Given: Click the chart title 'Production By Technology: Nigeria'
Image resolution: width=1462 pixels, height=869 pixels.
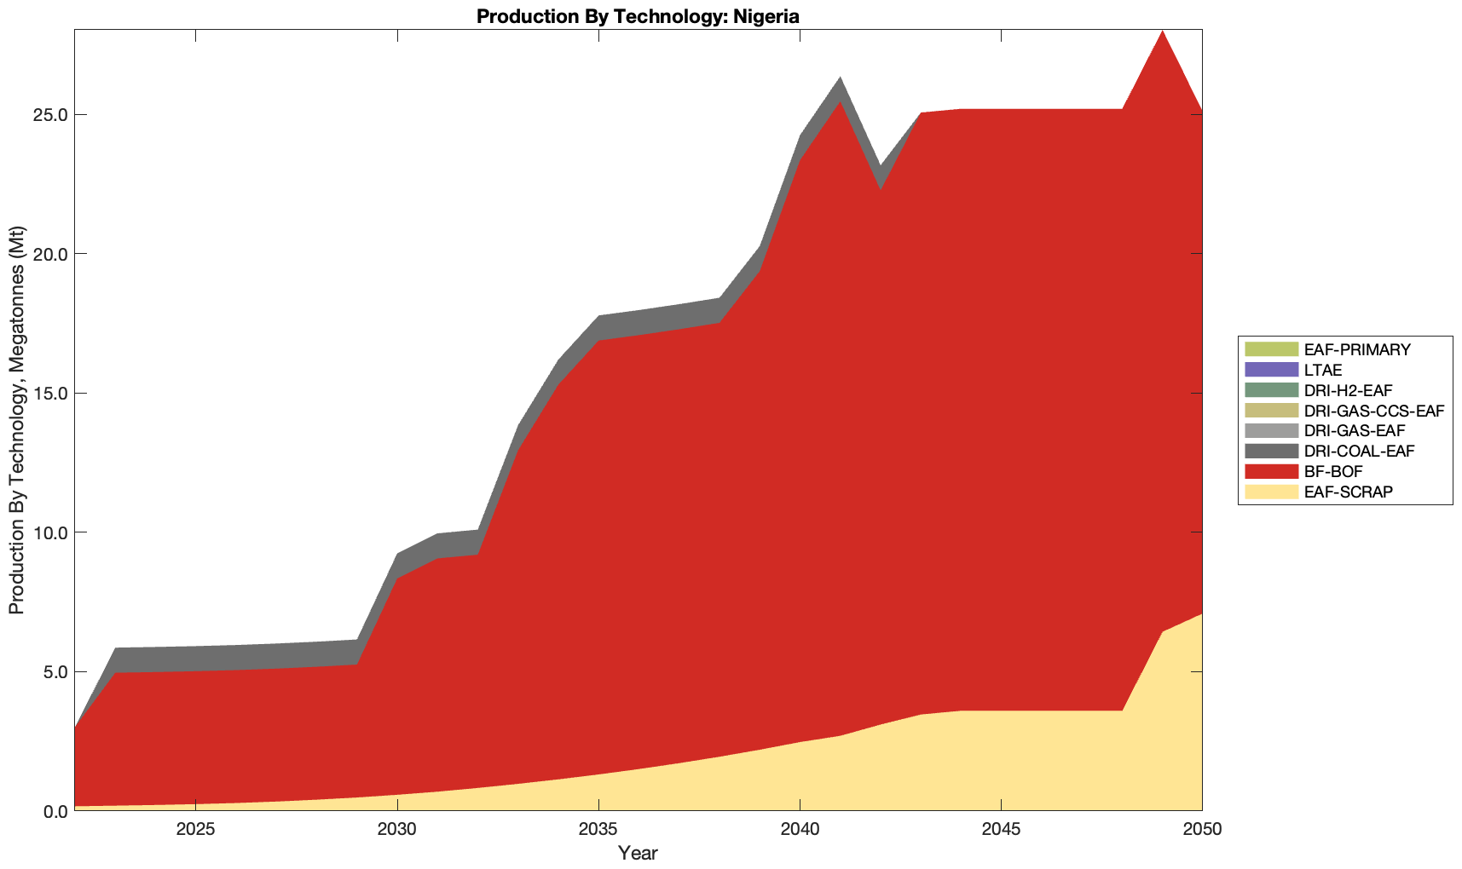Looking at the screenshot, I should (638, 16).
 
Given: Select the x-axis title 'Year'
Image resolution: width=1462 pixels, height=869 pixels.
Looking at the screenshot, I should (638, 853).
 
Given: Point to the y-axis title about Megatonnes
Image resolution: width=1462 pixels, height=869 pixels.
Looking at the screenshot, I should (16, 420).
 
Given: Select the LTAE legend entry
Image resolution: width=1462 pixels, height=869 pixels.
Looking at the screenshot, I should (1323, 370).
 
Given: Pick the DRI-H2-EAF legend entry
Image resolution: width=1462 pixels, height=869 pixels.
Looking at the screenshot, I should (1348, 390).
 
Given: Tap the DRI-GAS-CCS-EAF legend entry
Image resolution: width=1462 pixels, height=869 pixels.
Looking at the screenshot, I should (1373, 411).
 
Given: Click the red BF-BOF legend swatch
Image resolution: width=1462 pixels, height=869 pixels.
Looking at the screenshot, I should (1271, 471).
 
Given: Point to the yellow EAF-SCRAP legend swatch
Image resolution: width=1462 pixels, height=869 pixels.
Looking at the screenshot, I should (1271, 492).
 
